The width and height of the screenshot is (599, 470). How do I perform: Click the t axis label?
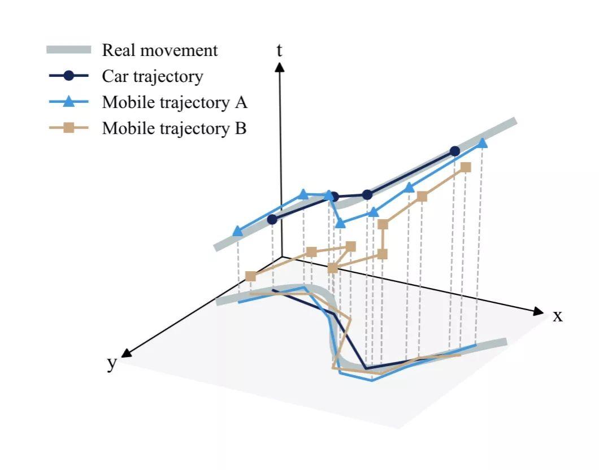point(279,51)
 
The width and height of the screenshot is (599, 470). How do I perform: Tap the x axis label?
point(558,316)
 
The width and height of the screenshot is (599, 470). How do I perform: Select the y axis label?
point(112,363)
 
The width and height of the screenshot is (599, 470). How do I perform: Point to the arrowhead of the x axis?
point(539,311)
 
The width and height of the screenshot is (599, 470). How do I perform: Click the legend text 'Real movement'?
point(159,50)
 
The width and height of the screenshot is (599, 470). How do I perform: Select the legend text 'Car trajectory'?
point(152,76)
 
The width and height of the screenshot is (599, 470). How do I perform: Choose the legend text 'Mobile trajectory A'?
point(175,103)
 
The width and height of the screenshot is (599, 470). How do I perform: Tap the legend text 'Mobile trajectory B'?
point(174,128)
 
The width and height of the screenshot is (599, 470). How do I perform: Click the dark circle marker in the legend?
point(68,76)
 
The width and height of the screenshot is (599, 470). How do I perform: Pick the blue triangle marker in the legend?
point(68,102)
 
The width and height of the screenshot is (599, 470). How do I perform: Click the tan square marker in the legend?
point(68,128)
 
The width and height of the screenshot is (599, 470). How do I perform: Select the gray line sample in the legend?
point(68,50)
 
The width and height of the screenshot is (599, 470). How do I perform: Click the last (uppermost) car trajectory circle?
point(454,151)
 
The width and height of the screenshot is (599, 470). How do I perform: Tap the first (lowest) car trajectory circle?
point(272,219)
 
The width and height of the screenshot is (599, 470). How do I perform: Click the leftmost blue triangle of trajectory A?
point(238,230)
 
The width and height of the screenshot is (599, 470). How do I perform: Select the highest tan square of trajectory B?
point(466,167)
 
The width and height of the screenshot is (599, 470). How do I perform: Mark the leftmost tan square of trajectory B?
point(250,276)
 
